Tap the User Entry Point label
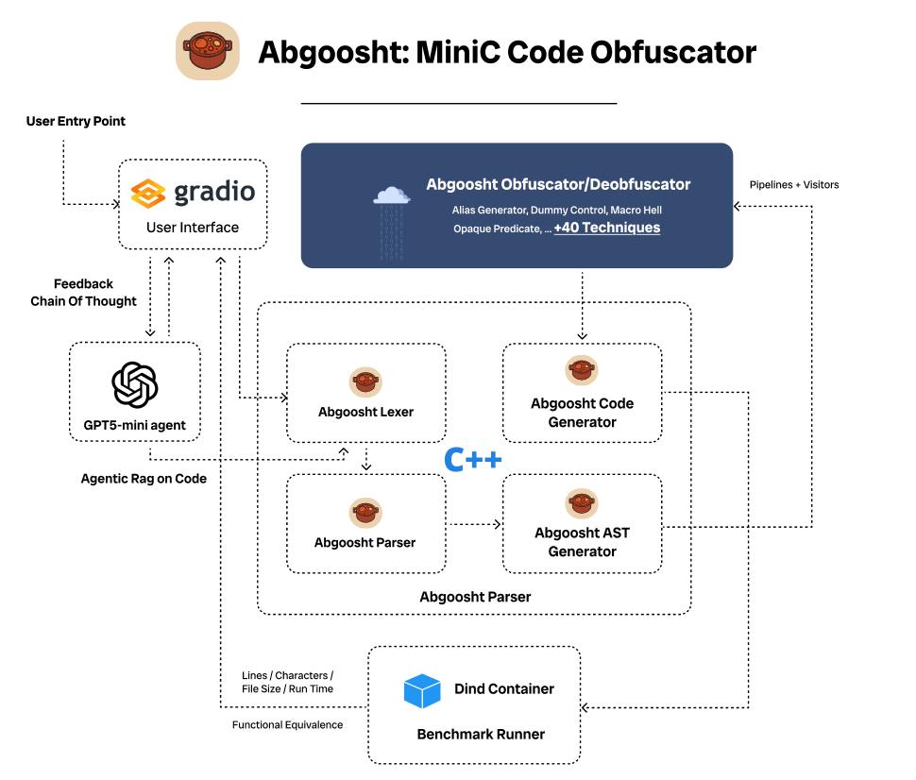pyautogui.click(x=76, y=121)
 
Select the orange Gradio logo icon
pyautogui.click(x=148, y=193)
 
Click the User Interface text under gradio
pyautogui.click(x=193, y=228)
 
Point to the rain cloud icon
pyautogui.click(x=392, y=196)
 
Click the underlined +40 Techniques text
pyautogui.click(x=606, y=228)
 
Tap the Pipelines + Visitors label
pyautogui.click(x=793, y=184)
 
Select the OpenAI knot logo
pyautogui.click(x=135, y=384)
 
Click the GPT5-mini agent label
pyautogui.click(x=135, y=425)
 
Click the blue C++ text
pyautogui.click(x=473, y=460)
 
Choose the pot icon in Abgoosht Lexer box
pyautogui.click(x=365, y=382)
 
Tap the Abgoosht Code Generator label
pyautogui.click(x=582, y=413)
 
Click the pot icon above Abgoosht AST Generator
pyautogui.click(x=582, y=501)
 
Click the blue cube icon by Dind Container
pyautogui.click(x=422, y=690)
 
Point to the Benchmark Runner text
pyautogui.click(x=481, y=733)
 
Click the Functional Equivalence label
pyautogui.click(x=288, y=725)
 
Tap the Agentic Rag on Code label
pyautogui.click(x=144, y=479)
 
